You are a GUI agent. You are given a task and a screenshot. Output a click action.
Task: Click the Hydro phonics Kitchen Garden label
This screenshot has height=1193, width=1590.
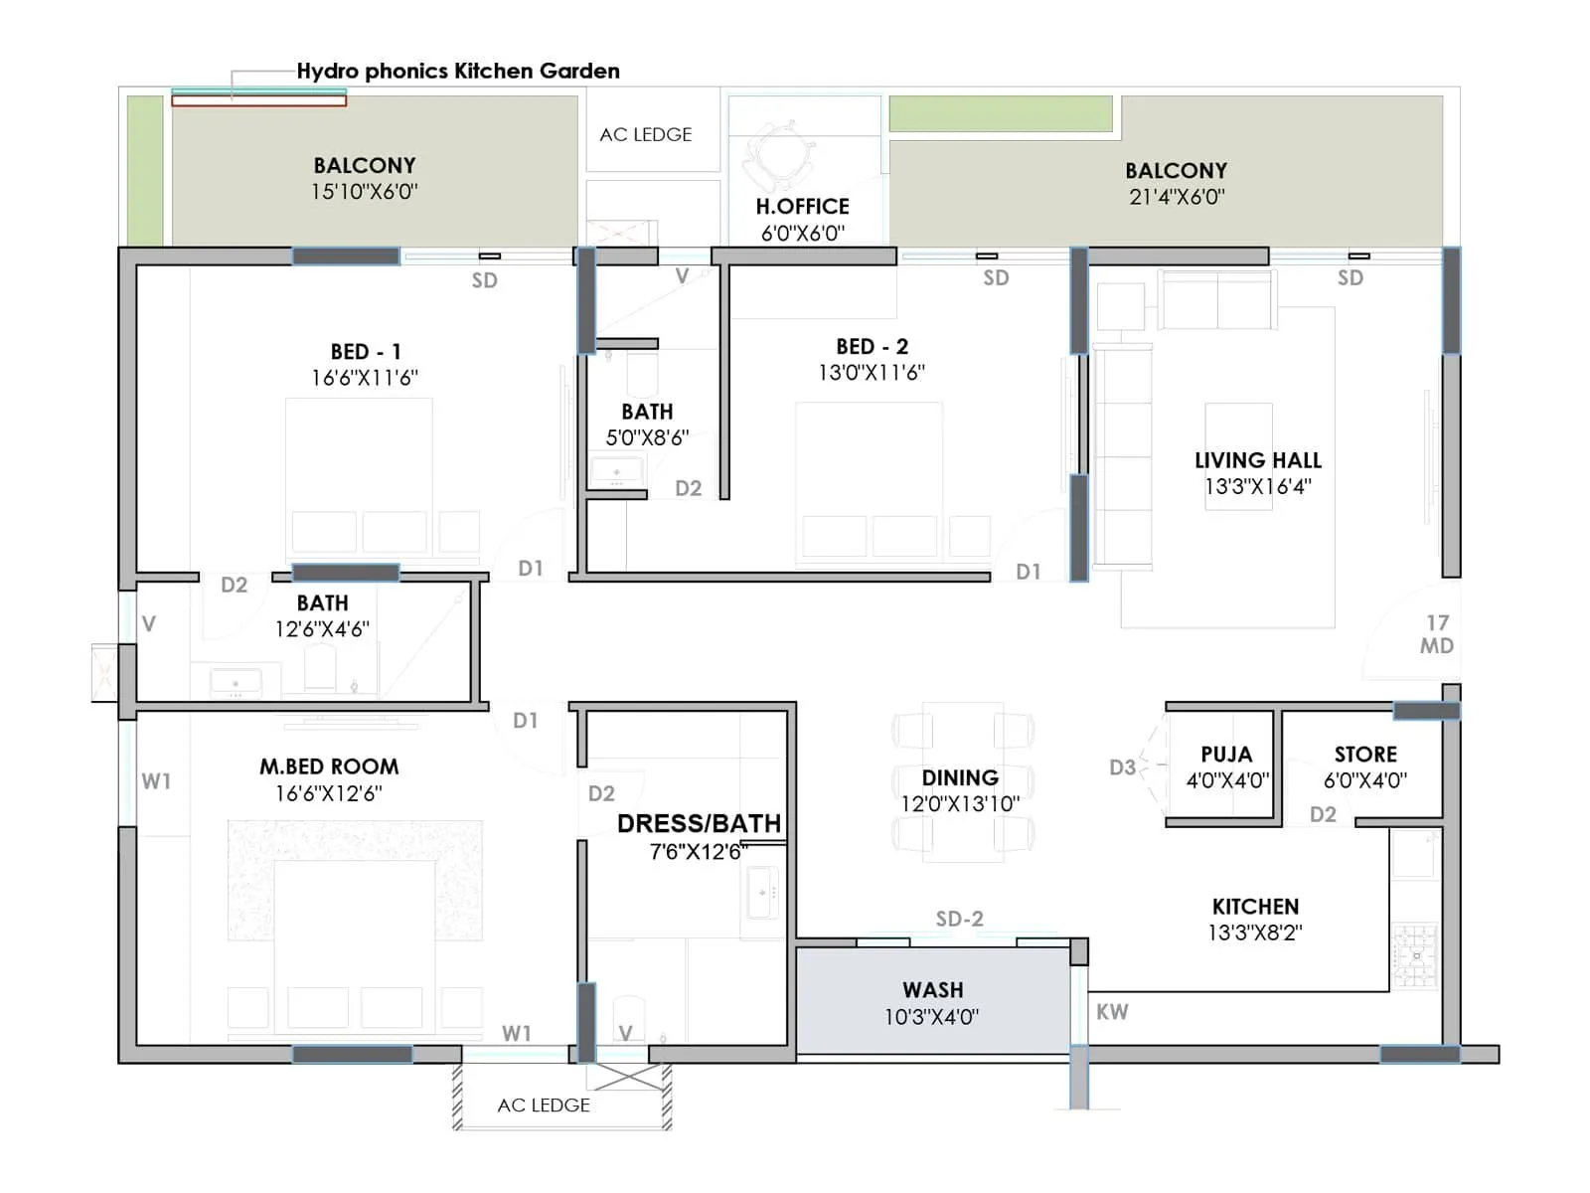(458, 71)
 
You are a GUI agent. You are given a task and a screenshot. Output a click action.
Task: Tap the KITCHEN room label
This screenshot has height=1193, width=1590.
(1255, 907)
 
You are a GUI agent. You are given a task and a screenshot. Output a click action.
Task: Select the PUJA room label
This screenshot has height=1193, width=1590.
(1226, 755)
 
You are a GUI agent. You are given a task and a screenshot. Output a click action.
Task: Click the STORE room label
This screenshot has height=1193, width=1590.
(1365, 755)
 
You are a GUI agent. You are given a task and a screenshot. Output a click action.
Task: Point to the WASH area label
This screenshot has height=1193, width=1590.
(932, 990)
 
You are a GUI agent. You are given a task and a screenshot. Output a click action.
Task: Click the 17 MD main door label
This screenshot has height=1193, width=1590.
(1437, 634)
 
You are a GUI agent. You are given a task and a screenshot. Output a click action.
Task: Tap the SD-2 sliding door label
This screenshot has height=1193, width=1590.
(959, 919)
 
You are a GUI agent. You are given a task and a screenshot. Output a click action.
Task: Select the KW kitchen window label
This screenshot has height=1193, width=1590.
(1112, 1012)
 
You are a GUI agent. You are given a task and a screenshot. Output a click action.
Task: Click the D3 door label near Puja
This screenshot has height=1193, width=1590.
(1122, 767)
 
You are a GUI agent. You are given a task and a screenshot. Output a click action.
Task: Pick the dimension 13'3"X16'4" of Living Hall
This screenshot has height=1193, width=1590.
(1257, 487)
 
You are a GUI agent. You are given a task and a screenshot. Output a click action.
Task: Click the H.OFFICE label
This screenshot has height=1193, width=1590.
(802, 207)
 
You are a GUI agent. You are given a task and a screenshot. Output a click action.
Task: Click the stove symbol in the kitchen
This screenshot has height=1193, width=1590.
(1414, 955)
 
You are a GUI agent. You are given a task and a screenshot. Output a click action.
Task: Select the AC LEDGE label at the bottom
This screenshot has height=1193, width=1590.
(544, 1106)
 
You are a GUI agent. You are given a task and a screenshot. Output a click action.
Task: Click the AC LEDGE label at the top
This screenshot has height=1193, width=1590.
(645, 134)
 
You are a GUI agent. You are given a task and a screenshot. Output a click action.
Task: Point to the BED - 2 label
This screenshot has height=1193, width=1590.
(872, 347)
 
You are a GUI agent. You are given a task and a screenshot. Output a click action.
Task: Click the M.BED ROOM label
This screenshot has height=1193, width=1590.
(329, 767)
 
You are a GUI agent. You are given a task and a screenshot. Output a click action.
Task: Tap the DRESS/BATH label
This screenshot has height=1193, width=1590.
(699, 824)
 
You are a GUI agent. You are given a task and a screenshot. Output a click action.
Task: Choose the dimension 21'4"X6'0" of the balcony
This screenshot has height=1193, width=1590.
(1176, 197)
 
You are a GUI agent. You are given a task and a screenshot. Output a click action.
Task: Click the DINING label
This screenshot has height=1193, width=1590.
(959, 777)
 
